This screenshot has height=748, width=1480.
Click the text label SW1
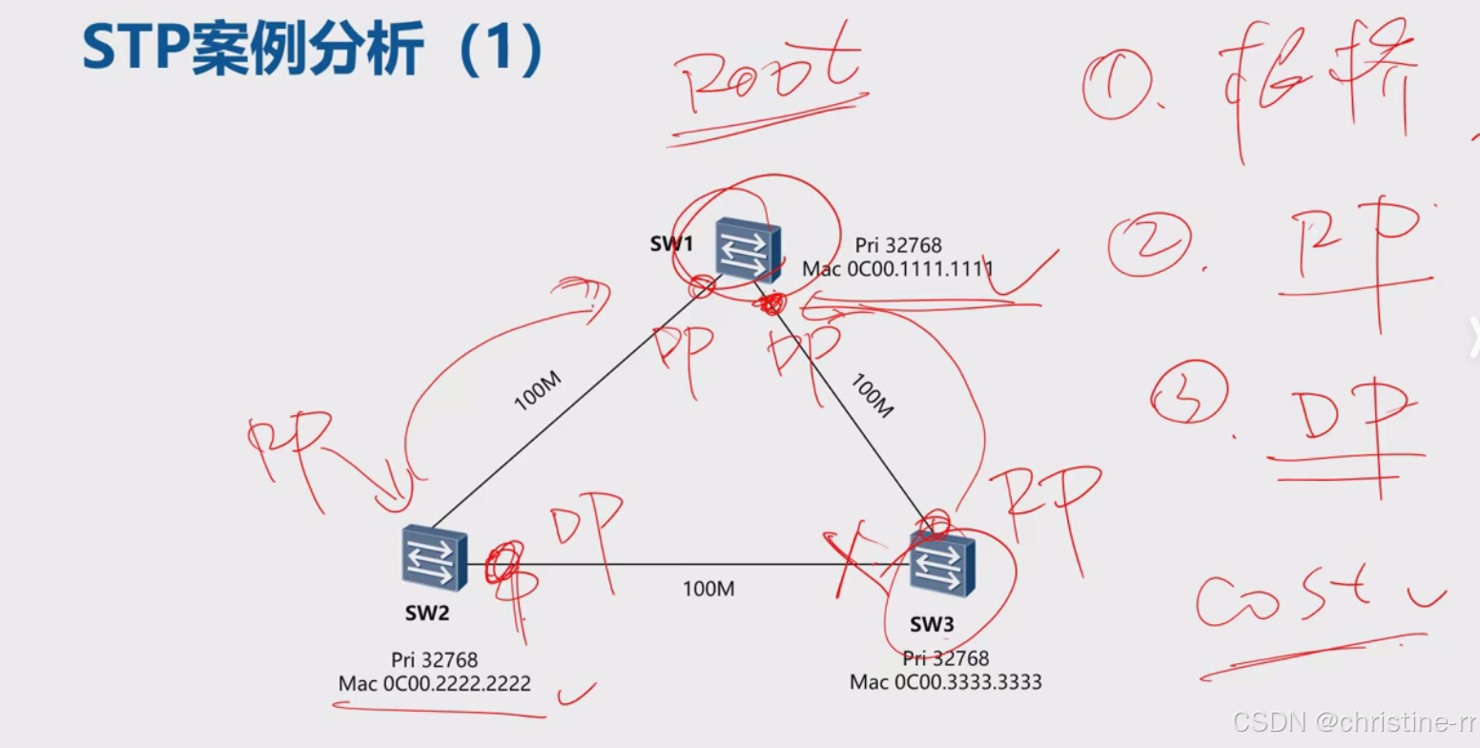(x=672, y=243)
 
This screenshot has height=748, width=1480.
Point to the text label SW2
(x=426, y=613)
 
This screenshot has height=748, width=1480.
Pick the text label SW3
(x=931, y=625)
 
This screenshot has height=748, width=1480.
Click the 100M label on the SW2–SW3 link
(x=708, y=589)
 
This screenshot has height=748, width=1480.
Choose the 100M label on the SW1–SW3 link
(x=870, y=396)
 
